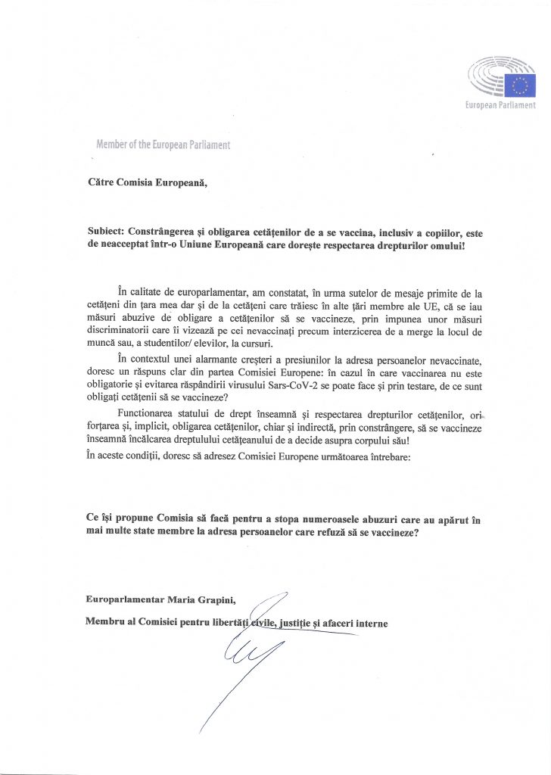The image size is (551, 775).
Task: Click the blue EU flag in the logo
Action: [x=523, y=85]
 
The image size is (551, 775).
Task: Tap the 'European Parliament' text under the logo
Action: [x=500, y=107]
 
